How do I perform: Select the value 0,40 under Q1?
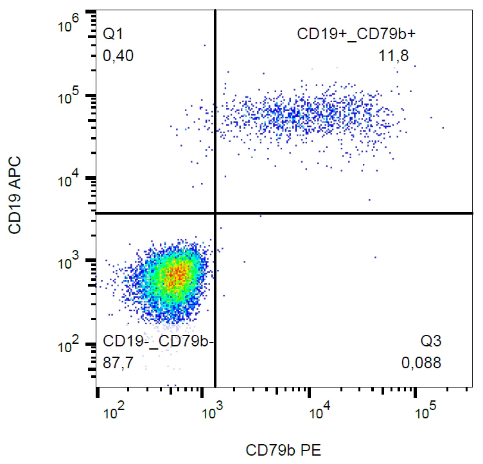[118, 56]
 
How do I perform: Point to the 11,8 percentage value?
[394, 56]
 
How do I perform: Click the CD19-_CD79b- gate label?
[154, 340]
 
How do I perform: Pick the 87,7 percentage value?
[118, 363]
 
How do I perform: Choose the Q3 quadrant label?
[430, 340]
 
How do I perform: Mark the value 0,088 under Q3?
[421, 363]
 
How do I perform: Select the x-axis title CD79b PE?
[283, 451]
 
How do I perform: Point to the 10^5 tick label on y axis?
[69, 98]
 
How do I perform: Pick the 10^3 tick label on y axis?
[69, 263]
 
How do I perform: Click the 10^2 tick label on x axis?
[114, 411]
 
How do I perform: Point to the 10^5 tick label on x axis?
[422, 411]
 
